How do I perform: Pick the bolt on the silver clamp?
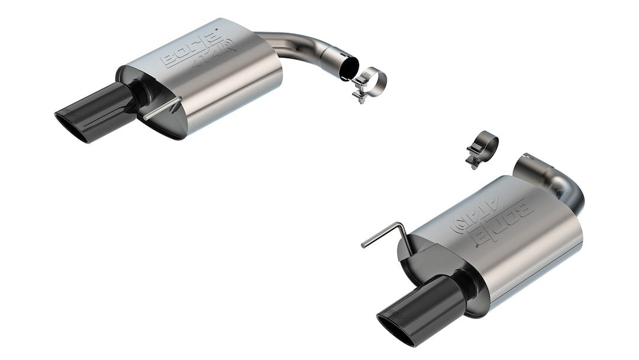click(359, 94)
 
